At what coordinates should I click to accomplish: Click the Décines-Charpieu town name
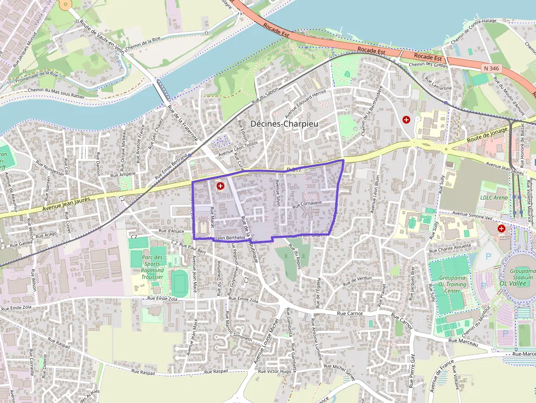click(284, 124)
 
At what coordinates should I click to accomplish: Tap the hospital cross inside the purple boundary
click(220, 186)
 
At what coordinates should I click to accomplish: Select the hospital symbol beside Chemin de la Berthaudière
click(406, 119)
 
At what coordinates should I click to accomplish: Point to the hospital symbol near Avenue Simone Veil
click(502, 229)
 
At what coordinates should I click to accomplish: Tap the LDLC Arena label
click(494, 197)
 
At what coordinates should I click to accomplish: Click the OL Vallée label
click(516, 283)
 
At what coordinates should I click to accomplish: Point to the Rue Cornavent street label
click(307, 205)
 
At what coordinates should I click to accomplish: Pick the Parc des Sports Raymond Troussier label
click(152, 267)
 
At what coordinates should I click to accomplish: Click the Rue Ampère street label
click(123, 174)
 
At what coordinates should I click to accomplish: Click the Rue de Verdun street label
click(357, 281)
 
